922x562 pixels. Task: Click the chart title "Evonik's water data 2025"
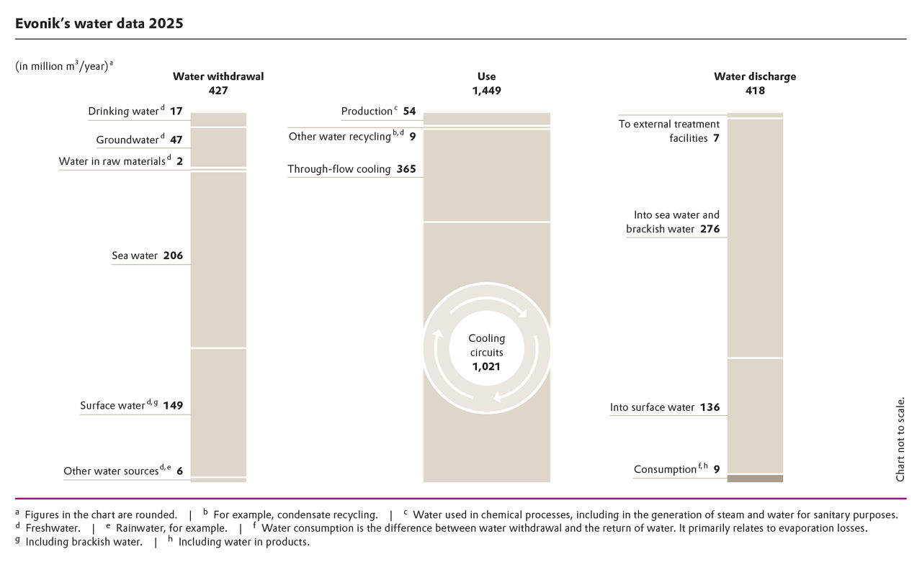99,23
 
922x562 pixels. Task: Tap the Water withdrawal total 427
218,91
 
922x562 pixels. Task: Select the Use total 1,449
486,91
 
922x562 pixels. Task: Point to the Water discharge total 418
755,91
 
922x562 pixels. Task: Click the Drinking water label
122,112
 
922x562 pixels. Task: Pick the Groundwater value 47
176,140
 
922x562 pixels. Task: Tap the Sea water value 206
173,255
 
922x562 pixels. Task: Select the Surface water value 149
173,405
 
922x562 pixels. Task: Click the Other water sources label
111,471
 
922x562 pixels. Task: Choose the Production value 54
409,112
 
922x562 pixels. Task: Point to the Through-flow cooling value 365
406,170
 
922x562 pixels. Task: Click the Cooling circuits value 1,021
486,366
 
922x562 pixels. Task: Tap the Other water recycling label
340,136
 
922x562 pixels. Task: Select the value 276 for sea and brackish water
710,230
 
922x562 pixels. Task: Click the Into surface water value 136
710,407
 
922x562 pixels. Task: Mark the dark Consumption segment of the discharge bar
755,478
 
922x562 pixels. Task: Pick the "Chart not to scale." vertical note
900,439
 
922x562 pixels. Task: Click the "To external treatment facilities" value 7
716,138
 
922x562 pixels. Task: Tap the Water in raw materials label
112,161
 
